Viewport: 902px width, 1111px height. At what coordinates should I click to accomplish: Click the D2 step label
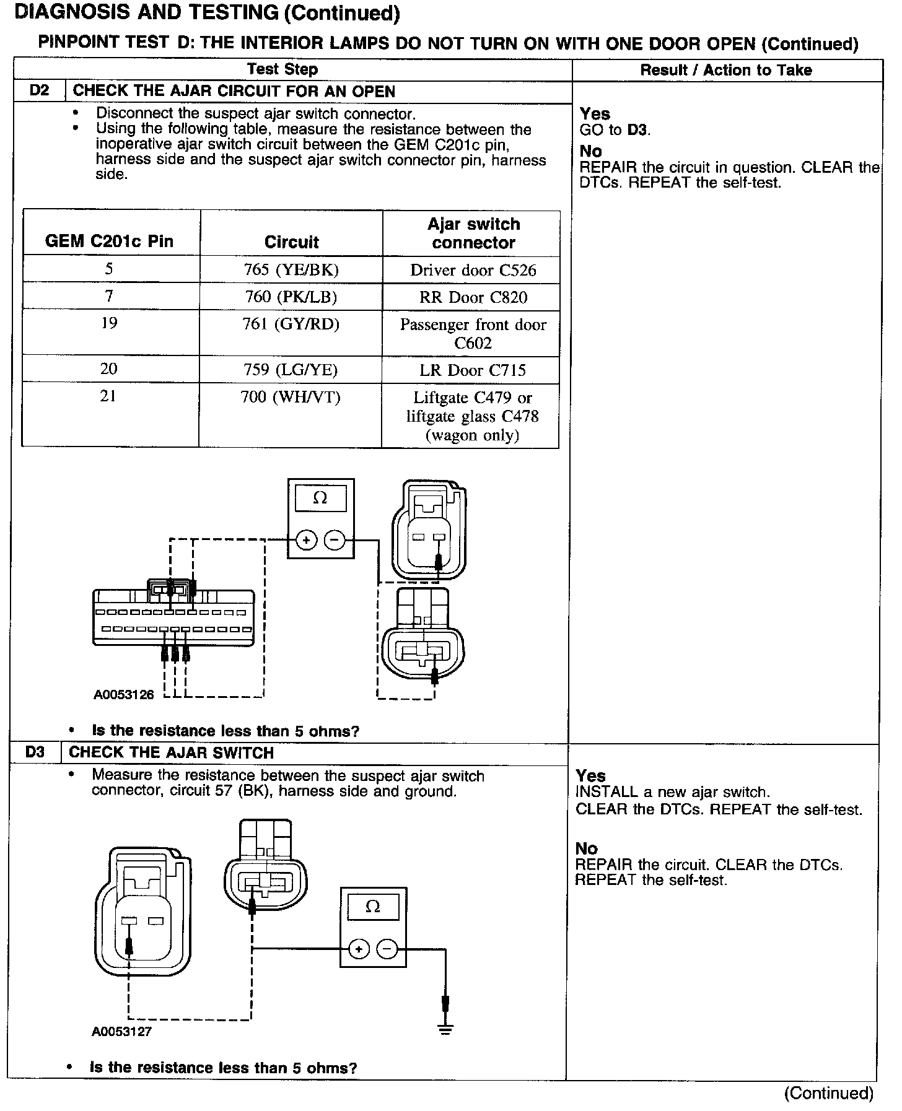pyautogui.click(x=38, y=90)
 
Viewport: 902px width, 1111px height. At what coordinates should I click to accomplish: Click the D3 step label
pyautogui.click(x=35, y=752)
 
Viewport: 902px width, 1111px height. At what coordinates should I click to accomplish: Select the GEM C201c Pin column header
pyautogui.click(x=109, y=242)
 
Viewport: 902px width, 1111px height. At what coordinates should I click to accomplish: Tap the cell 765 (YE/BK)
pyautogui.click(x=291, y=269)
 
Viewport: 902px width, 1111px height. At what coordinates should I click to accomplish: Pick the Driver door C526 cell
pyautogui.click(x=473, y=270)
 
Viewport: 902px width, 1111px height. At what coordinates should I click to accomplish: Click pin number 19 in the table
pyautogui.click(x=109, y=323)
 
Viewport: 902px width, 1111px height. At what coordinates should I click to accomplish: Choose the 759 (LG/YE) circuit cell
pyautogui.click(x=291, y=370)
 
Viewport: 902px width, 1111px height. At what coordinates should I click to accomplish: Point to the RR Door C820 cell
pyautogui.click(x=473, y=297)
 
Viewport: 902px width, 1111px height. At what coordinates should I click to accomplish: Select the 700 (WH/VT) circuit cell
pyautogui.click(x=291, y=397)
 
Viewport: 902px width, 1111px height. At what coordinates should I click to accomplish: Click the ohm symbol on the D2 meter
pyautogui.click(x=320, y=498)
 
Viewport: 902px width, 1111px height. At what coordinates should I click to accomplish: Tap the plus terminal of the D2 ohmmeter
pyautogui.click(x=306, y=540)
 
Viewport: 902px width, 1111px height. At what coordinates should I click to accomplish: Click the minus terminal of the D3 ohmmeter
pyautogui.click(x=387, y=949)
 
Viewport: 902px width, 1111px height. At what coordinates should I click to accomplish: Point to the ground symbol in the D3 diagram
pyautogui.click(x=445, y=1029)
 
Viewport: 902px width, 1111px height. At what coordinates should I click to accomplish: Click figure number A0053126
pyautogui.click(x=124, y=694)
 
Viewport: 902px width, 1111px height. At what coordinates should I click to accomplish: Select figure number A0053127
pyautogui.click(x=122, y=1032)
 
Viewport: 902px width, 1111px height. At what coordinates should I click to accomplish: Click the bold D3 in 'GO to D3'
pyautogui.click(x=638, y=130)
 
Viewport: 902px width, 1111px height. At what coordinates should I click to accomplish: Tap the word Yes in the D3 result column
pyautogui.click(x=590, y=775)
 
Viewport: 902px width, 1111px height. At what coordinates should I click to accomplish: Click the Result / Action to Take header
pyautogui.click(x=726, y=70)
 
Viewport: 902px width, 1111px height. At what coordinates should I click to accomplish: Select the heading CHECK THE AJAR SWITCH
pyautogui.click(x=171, y=753)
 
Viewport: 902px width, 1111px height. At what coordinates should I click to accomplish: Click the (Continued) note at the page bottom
pyautogui.click(x=828, y=1093)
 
